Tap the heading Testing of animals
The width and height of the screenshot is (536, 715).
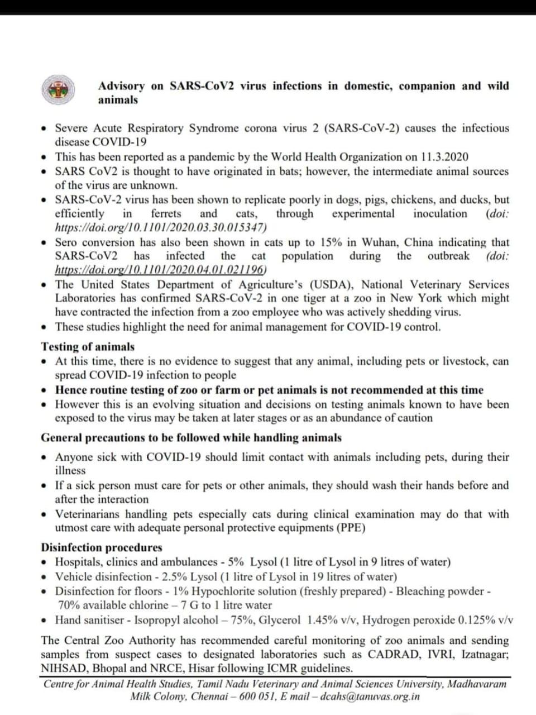88,346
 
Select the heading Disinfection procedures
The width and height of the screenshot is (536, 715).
102,547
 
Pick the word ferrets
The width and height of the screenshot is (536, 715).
166,213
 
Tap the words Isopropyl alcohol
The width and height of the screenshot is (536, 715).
180,620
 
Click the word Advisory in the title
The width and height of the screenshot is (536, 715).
121,86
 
